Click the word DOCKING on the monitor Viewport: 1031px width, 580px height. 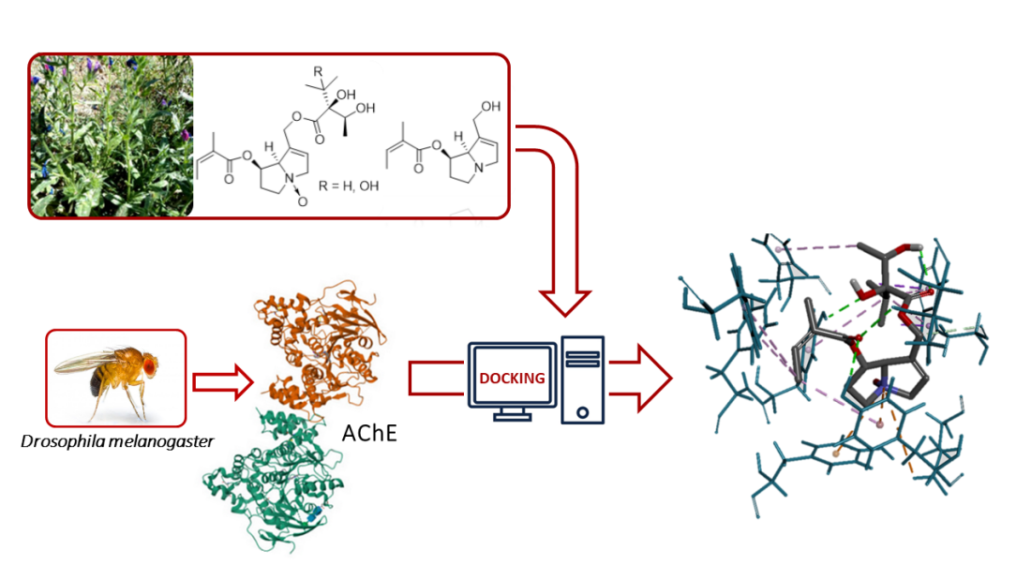512,378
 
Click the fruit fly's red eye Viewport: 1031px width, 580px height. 148,361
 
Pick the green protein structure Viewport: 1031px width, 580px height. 272,478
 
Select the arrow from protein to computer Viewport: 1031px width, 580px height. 436,379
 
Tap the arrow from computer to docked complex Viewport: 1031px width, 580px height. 647,379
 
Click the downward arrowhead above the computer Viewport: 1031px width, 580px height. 565,303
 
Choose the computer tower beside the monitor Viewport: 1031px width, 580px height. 582,379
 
